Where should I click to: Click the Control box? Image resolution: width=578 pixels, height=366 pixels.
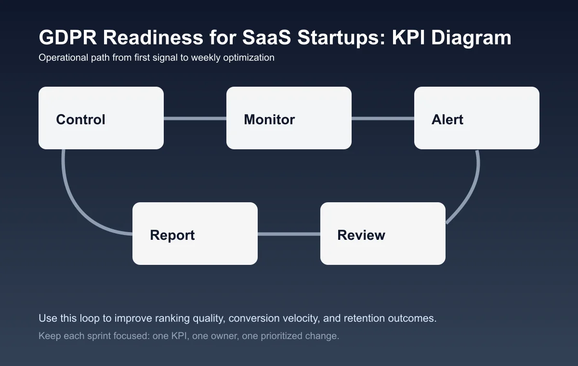pyautogui.click(x=101, y=118)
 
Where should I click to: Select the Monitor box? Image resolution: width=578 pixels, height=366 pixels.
pyautogui.click(x=289, y=118)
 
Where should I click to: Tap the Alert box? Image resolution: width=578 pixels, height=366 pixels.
pyautogui.click(x=477, y=118)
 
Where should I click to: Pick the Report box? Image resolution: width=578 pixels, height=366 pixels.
pyautogui.click(x=195, y=234)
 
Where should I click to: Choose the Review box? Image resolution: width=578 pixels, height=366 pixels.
pyautogui.click(x=383, y=234)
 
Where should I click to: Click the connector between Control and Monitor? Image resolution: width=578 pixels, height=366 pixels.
pyautogui.click(x=195, y=118)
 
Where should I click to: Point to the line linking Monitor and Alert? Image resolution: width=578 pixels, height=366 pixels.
pyautogui.click(x=383, y=118)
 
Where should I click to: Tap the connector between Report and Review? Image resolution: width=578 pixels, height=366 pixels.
pyautogui.click(x=289, y=234)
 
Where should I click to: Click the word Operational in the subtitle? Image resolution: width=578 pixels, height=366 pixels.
pyautogui.click(x=62, y=58)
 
